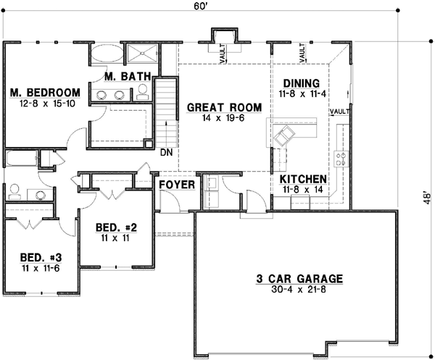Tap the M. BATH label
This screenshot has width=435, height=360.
(127, 76)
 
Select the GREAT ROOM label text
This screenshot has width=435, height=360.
(215, 107)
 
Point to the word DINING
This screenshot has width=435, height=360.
(302, 83)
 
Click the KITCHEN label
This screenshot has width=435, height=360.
(303, 179)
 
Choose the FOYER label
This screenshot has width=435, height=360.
(177, 185)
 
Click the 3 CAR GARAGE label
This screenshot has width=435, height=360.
(299, 278)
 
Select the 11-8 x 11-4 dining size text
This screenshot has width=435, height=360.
(302, 94)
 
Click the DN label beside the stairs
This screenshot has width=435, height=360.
(166, 153)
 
